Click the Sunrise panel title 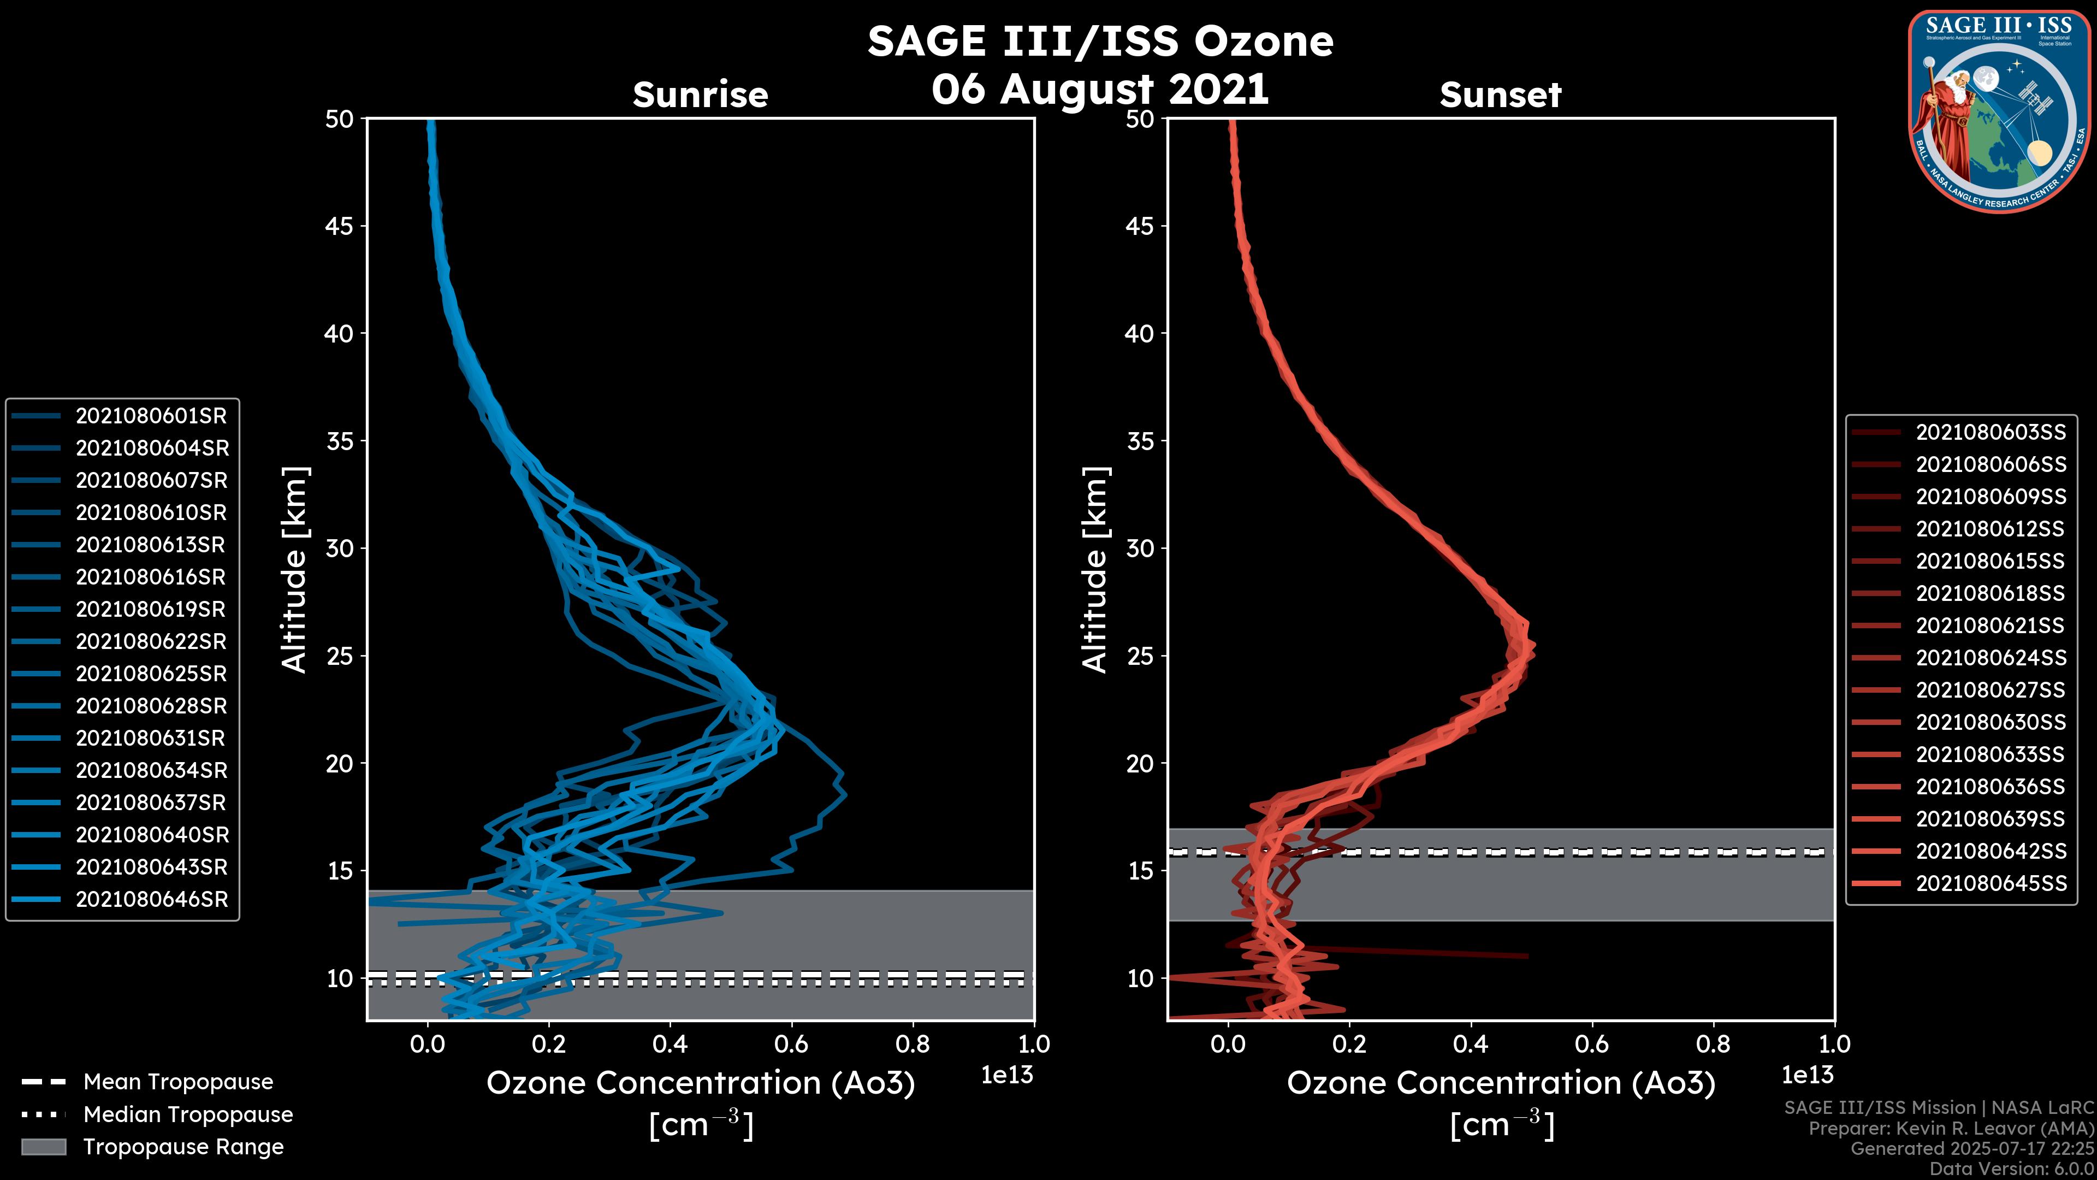(700, 95)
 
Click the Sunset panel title (1500, 95)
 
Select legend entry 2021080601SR (151, 416)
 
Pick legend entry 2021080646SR (151, 900)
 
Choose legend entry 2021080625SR (151, 674)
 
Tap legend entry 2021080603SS (1991, 433)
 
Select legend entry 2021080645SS (1991, 883)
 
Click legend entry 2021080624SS (1991, 658)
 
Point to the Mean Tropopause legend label (178, 1082)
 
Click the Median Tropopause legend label (188, 1115)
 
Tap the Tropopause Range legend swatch (43, 1147)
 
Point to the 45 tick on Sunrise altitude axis (340, 226)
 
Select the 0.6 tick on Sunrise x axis (791, 1044)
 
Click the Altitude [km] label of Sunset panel (1095, 570)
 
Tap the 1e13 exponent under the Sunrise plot (1007, 1076)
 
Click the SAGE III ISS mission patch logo (1999, 111)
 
